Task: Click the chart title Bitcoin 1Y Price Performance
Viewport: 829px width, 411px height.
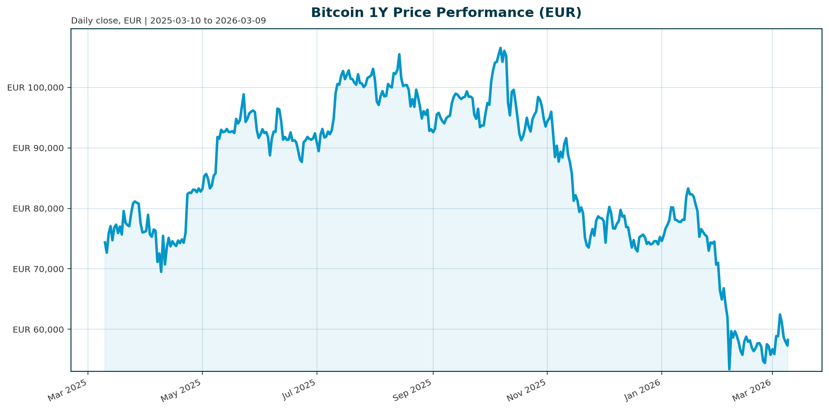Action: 446,13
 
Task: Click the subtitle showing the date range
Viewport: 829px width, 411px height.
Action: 168,21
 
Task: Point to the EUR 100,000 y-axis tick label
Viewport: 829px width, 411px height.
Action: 36,88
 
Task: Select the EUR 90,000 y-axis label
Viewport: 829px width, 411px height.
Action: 38,148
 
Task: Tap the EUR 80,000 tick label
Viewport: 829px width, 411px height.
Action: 38,209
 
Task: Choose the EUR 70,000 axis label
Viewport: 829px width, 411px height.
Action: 38,269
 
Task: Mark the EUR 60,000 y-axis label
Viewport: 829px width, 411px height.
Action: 38,330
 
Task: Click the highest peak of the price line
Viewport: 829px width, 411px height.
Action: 500,48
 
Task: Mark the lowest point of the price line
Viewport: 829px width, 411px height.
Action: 729,369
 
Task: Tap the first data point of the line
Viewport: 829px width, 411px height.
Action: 105,242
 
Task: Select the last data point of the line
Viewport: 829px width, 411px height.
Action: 788,340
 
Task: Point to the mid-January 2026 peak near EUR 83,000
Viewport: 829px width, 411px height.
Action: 688,189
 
